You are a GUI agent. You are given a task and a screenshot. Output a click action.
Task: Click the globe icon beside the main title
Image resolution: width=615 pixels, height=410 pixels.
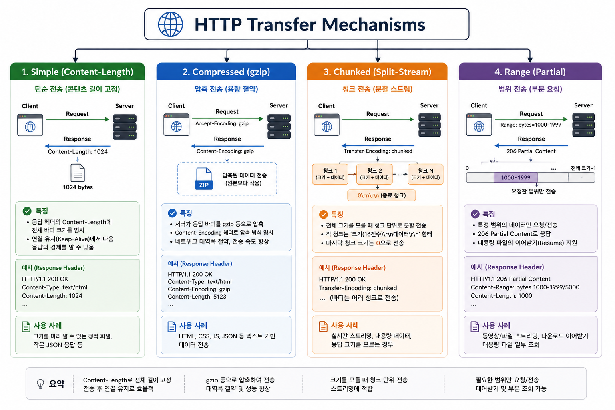point(170,24)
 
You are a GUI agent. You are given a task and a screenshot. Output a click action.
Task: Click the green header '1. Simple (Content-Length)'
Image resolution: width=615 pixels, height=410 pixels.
point(77,72)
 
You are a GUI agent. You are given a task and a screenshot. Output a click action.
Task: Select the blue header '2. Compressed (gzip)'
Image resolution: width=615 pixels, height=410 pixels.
point(226,72)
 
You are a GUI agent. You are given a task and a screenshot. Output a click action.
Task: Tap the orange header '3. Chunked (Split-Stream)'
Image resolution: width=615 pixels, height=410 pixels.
point(377,72)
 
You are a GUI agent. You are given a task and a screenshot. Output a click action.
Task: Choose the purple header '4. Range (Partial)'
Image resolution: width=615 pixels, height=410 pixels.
point(530,72)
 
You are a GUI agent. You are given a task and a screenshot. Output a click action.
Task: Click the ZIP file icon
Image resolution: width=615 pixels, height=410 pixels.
point(204,179)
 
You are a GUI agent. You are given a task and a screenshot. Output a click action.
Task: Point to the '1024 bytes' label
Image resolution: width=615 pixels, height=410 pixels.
point(78,187)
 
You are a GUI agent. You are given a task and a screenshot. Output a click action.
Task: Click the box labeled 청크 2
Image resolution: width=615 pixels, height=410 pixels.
point(374,174)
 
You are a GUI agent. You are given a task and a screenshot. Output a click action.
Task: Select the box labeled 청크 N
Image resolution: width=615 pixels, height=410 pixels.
point(425,174)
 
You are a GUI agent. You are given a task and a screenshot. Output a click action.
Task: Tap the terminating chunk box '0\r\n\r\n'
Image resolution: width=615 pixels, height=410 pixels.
point(381,195)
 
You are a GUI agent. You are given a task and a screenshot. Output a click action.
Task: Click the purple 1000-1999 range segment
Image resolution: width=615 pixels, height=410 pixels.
point(515,177)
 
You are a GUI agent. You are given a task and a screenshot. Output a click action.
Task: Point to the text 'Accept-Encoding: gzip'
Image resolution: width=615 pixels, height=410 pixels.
point(222,123)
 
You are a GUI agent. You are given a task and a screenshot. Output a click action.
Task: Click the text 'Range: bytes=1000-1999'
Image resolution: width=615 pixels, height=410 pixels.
point(531,125)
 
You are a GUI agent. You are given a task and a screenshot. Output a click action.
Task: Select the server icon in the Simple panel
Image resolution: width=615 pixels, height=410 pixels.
point(125,127)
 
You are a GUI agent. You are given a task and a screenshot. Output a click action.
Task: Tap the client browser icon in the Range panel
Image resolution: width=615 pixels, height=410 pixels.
point(479,125)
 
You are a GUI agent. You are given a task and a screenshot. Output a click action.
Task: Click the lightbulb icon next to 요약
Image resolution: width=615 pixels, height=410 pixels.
point(40,384)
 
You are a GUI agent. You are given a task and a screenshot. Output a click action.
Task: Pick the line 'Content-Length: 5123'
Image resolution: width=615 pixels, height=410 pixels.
point(197,297)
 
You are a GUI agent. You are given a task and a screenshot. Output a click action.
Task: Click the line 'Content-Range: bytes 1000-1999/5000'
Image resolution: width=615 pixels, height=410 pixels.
point(525,287)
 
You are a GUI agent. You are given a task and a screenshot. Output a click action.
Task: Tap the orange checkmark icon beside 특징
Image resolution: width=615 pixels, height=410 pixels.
point(324,214)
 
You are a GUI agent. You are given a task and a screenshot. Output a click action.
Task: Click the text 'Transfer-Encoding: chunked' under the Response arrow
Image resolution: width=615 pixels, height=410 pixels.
point(378,151)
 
